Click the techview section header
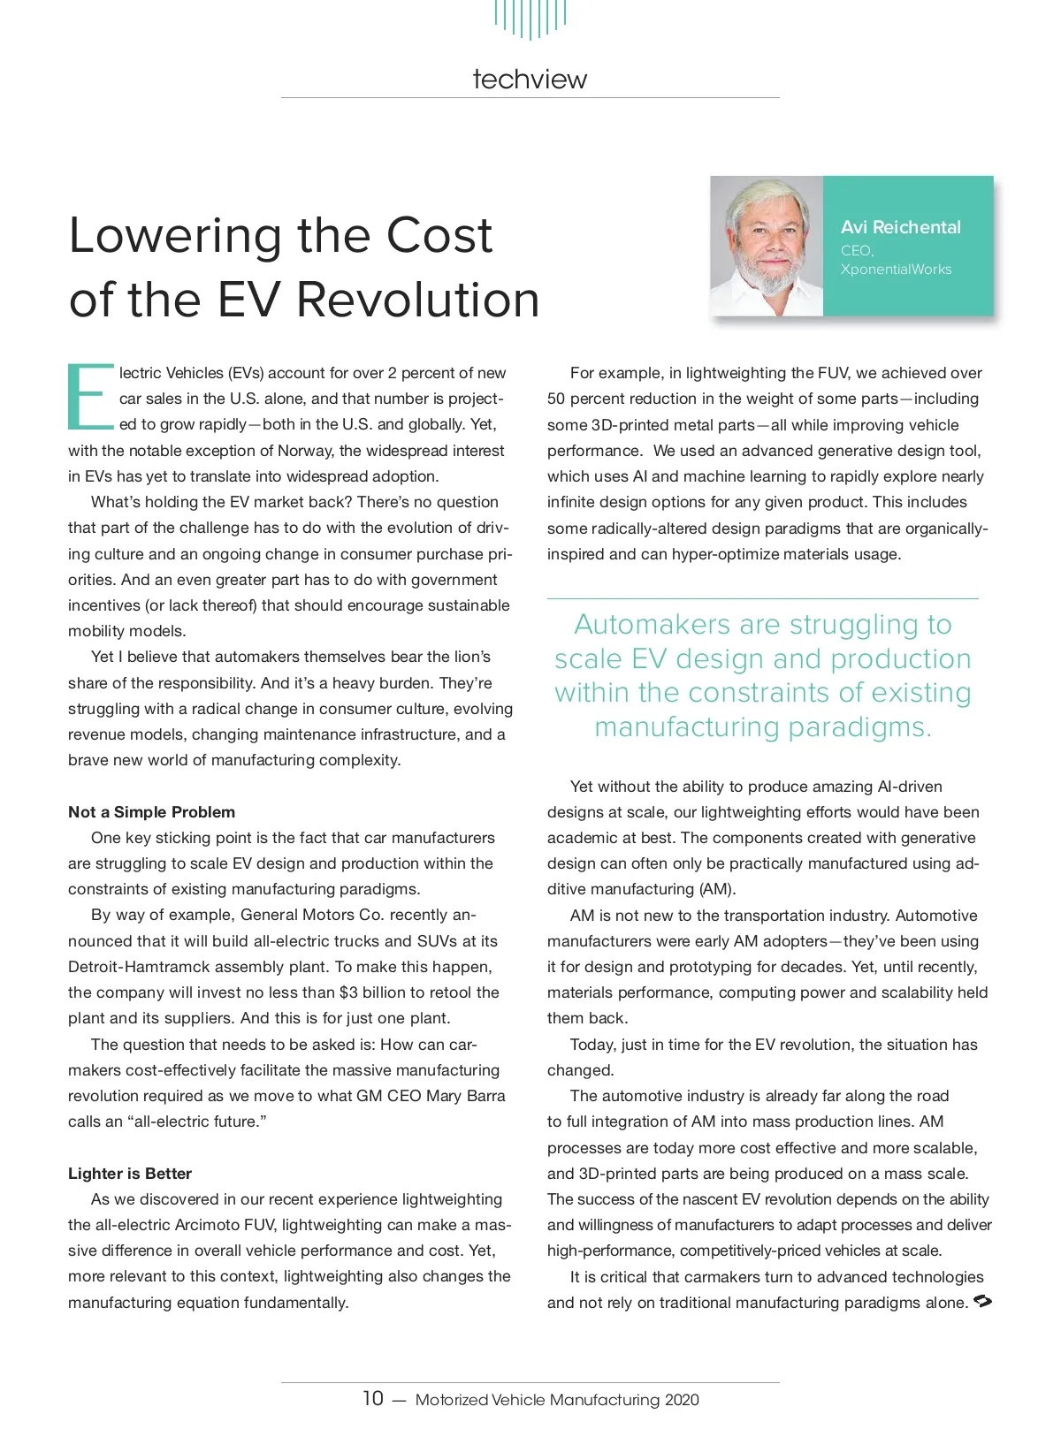530,80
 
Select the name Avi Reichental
900,227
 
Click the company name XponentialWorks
896,270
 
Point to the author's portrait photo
767,247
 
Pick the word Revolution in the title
417,300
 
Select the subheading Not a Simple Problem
152,812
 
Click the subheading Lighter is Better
130,1174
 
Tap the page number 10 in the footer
372,1398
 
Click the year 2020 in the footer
682,1400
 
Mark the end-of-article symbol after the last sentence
982,1302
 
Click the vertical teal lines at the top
530,18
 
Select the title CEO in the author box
856,251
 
